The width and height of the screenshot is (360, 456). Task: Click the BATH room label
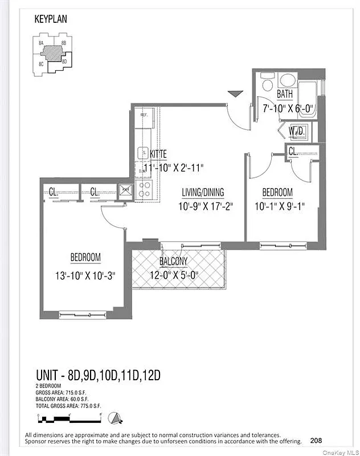tap(285, 94)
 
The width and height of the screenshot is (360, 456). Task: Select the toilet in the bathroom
tap(267, 85)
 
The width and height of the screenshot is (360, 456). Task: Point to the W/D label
tap(296, 131)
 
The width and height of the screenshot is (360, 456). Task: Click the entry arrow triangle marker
tap(234, 93)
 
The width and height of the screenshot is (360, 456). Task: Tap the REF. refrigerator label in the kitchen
tap(145, 115)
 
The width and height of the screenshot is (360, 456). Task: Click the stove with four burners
tap(145, 190)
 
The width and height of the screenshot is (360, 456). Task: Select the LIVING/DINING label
tap(203, 192)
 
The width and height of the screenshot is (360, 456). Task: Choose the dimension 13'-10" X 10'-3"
tap(85, 275)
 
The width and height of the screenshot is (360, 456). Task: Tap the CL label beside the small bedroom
tap(292, 152)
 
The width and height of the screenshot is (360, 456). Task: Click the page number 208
tap(317, 440)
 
